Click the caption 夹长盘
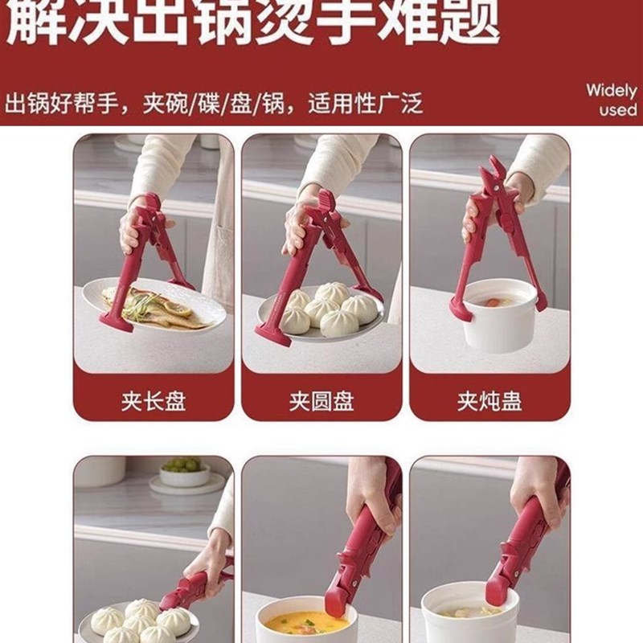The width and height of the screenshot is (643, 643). [x=154, y=400]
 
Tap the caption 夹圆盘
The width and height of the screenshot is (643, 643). [x=321, y=400]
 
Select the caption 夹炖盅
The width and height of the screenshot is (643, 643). [x=489, y=400]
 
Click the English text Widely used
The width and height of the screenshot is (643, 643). [x=611, y=100]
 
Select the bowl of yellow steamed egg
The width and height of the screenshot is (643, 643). [x=306, y=623]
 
